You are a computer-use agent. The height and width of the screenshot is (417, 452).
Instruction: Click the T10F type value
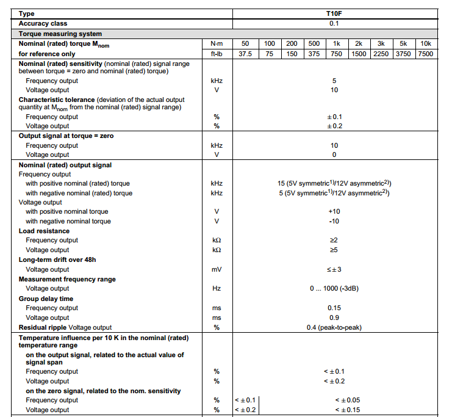pyautogui.click(x=334, y=13)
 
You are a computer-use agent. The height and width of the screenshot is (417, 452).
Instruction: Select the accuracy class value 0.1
pyautogui.click(x=334, y=24)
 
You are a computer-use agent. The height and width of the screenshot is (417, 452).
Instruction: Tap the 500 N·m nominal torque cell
pyautogui.click(x=314, y=43)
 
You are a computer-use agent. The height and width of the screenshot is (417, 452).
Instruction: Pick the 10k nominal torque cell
pyautogui.click(x=426, y=43)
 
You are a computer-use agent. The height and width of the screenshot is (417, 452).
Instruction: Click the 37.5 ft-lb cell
pyautogui.click(x=245, y=54)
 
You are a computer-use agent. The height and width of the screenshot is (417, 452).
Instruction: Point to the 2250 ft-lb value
pyautogui.click(x=381, y=54)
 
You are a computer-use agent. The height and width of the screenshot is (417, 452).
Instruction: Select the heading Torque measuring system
pyautogui.click(x=60, y=34)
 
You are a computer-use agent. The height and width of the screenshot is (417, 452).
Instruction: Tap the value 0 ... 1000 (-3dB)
pyautogui.click(x=334, y=288)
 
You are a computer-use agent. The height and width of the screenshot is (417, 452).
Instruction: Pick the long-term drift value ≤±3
pyautogui.click(x=334, y=269)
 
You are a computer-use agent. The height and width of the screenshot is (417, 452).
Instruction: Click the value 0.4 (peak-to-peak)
pyautogui.click(x=334, y=327)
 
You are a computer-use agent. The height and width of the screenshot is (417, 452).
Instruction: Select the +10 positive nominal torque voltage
pyautogui.click(x=334, y=211)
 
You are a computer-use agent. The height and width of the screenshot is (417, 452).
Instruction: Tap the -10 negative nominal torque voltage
pyautogui.click(x=334, y=221)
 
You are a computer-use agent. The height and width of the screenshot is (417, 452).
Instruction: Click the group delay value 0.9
pyautogui.click(x=334, y=317)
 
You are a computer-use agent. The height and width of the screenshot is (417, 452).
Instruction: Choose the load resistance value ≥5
pyautogui.click(x=334, y=250)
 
